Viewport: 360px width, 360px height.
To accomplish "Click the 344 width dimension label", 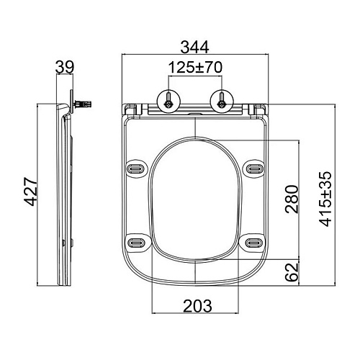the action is pos(194,48).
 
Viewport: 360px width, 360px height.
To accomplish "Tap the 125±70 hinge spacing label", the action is pos(195,68).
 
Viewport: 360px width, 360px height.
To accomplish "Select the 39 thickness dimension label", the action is pos(65,67).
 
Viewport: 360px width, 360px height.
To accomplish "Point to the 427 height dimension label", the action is pos(32,192).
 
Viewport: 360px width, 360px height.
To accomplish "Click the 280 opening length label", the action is pos(292,199).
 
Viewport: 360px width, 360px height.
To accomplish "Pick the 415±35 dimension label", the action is pos(325,199).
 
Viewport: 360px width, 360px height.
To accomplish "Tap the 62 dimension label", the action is pos(292,272).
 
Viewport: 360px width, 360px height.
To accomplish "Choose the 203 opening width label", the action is pos(197,306).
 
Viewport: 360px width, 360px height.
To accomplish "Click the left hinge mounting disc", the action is pos(168,101).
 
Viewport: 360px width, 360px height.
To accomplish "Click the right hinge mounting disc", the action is pos(222,101).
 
